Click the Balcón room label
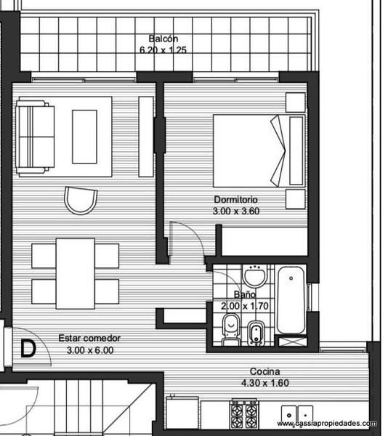(x=163, y=39)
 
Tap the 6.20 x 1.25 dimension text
(x=163, y=50)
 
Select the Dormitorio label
(x=235, y=199)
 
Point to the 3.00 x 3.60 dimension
(x=236, y=211)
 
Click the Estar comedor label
(x=89, y=338)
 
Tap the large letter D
(x=28, y=348)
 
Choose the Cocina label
(x=264, y=371)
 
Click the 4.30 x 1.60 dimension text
(x=265, y=383)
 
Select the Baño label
(x=245, y=294)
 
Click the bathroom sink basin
(x=255, y=275)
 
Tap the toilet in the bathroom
(x=231, y=330)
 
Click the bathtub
(x=291, y=300)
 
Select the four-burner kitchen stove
(x=244, y=413)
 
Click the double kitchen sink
(x=297, y=414)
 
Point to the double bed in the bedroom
(x=259, y=150)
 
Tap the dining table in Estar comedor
(x=76, y=273)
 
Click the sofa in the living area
(x=35, y=137)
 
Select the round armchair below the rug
(x=81, y=201)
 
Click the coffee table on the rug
(x=84, y=137)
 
